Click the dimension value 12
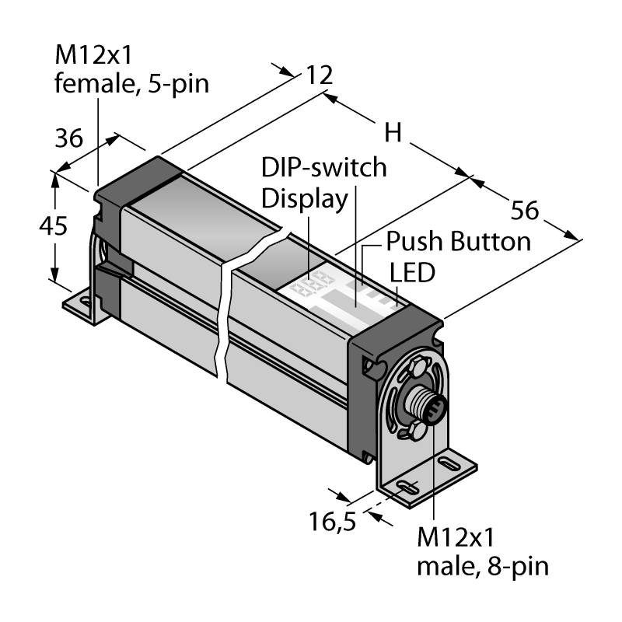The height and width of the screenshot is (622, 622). click(320, 75)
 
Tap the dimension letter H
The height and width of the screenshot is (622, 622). click(393, 132)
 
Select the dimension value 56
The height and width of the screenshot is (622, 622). click(524, 210)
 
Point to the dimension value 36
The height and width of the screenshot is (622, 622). click(69, 138)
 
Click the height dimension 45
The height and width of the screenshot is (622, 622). click(53, 226)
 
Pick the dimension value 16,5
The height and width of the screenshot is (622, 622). click(333, 521)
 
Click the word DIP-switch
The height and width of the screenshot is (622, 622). click(324, 167)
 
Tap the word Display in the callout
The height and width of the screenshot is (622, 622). click(305, 199)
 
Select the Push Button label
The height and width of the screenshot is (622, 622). click(459, 241)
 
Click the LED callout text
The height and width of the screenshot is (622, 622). click(413, 273)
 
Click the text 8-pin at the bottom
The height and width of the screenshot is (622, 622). click(518, 567)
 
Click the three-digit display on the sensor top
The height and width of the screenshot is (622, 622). click(312, 284)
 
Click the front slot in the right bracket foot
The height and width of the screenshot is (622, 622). click(407, 488)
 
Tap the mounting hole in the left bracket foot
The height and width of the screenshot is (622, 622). click(86, 302)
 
